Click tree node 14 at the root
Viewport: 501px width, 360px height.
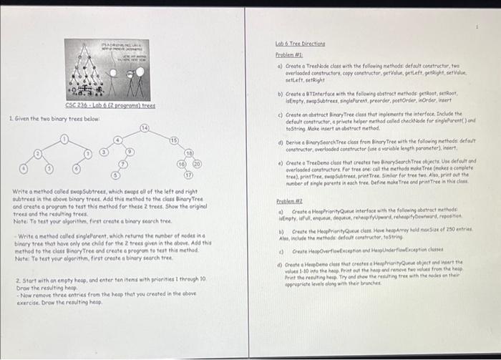tap(144, 127)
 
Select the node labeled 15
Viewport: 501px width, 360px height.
tap(174, 140)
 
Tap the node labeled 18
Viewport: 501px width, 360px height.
tap(190, 154)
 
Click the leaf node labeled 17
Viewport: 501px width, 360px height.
tap(190, 175)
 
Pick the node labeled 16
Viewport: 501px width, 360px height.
tap(183, 165)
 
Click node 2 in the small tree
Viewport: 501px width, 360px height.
tap(87, 152)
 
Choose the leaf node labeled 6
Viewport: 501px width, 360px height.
tap(76, 167)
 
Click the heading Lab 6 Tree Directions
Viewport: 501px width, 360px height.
tap(301, 44)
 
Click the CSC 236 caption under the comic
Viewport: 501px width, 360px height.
tap(104, 105)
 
